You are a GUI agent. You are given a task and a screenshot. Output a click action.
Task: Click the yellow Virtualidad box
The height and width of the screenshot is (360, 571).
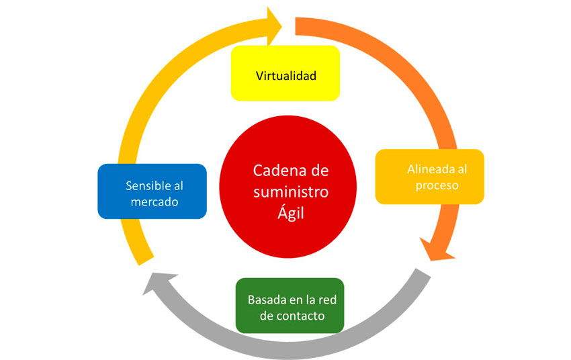click(x=285, y=74)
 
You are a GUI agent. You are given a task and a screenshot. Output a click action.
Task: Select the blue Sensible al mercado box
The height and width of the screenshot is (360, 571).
click(x=151, y=191)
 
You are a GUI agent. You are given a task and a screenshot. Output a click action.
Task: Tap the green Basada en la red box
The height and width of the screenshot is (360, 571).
click(x=290, y=306)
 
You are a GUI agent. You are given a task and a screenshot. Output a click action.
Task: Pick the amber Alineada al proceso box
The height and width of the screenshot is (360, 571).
click(x=429, y=177)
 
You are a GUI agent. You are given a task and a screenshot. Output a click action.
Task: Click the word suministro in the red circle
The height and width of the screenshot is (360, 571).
click(x=290, y=192)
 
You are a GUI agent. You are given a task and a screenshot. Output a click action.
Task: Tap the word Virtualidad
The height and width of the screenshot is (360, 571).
click(x=285, y=75)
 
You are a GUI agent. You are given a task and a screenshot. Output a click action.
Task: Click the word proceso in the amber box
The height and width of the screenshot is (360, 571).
click(x=437, y=185)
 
